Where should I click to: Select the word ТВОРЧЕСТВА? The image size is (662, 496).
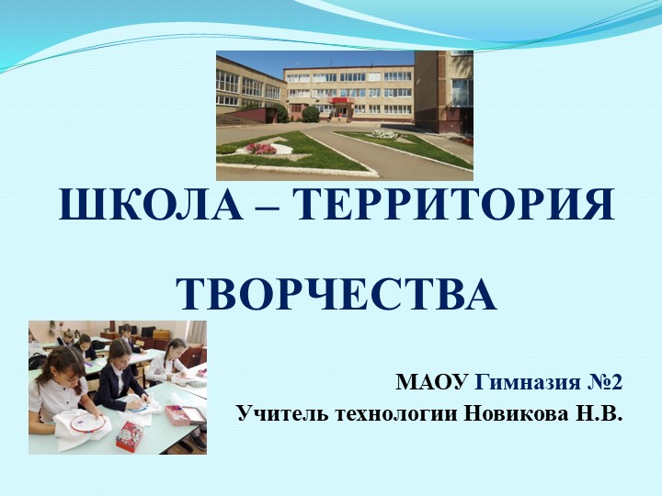point(337,293)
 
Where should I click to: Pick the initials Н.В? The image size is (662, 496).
point(599,413)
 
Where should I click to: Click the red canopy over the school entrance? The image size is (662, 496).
point(340,100)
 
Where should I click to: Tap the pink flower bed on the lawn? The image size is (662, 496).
point(261,149)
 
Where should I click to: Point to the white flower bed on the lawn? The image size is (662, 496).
point(384,135)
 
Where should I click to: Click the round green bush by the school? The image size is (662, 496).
point(311,114)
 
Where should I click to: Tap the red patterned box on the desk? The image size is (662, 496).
point(130,434)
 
